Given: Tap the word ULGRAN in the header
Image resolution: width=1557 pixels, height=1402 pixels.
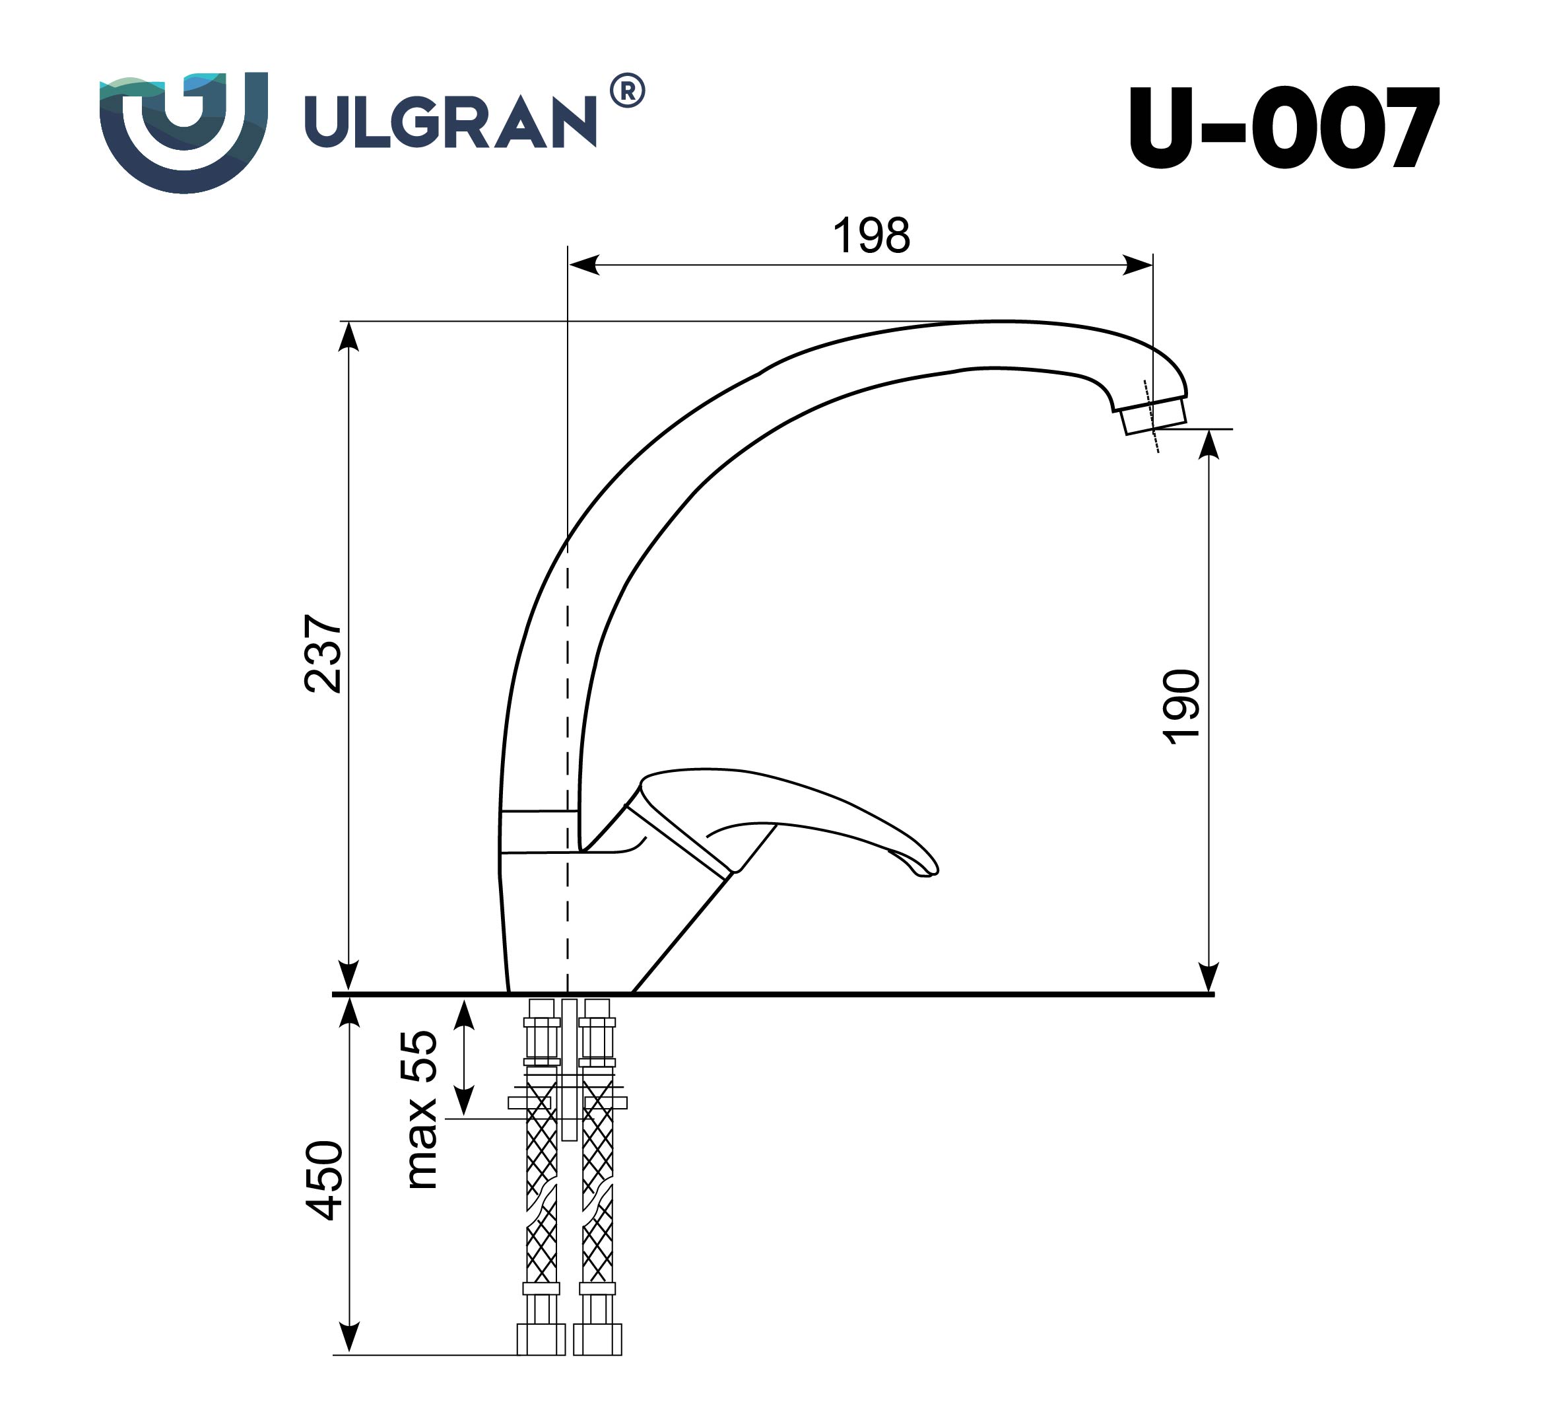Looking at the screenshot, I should pos(450,122).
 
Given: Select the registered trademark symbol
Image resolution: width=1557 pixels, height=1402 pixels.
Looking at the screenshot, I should pos(627,92).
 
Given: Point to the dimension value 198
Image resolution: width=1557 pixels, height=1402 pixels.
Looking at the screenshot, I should pos(871,236).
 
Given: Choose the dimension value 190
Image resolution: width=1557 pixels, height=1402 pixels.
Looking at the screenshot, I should pos(1180,707).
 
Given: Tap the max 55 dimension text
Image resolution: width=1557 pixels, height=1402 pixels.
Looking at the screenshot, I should pos(420,1110).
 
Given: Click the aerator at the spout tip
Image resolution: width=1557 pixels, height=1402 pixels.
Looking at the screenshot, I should pos(1152,418).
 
